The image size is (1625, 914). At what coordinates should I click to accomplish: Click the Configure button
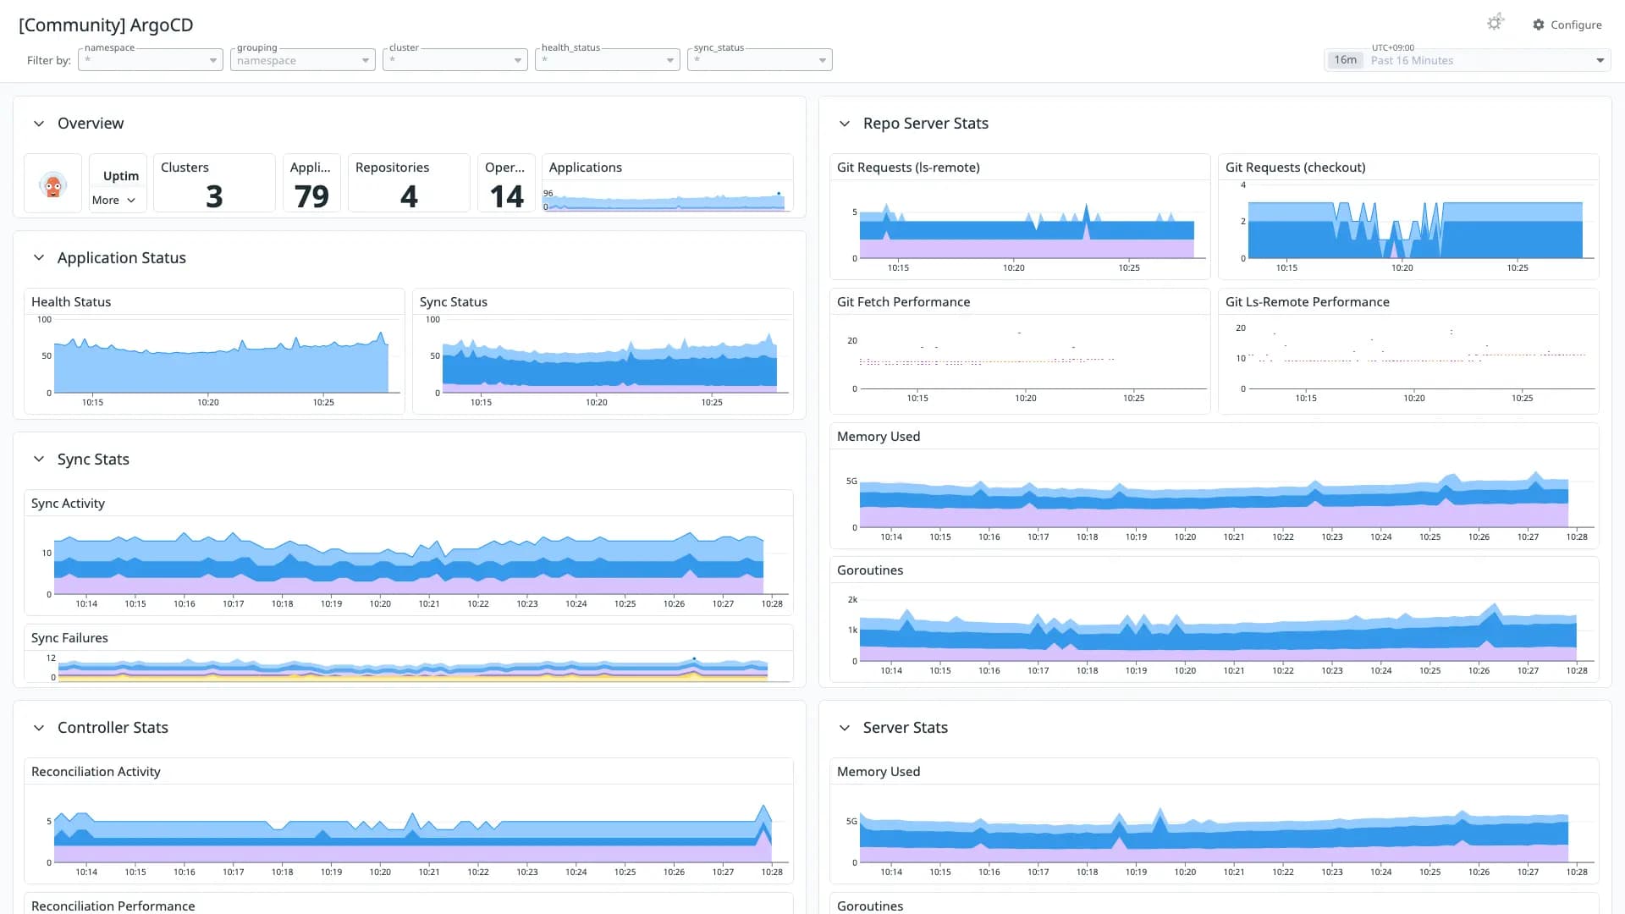1567,25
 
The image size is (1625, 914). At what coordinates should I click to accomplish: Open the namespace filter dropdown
151,60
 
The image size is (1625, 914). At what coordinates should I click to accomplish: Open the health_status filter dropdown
608,60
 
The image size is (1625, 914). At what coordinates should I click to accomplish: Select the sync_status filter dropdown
760,60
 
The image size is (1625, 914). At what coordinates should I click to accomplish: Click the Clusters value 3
214,196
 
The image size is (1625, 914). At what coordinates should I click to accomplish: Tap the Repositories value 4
409,196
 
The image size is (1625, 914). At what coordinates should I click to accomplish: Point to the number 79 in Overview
311,196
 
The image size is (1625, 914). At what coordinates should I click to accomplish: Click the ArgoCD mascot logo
53,184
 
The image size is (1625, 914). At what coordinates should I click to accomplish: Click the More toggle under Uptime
113,201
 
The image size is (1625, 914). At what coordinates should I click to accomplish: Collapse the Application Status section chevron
39,258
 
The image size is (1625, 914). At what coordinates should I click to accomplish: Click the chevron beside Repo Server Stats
845,124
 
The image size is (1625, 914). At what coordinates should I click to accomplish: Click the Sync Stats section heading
93,460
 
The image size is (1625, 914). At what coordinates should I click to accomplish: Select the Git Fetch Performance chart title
903,302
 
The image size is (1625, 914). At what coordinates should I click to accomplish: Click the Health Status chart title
71,302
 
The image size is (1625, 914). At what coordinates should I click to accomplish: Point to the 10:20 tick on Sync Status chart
597,402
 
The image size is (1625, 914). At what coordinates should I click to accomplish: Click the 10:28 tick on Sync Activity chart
772,603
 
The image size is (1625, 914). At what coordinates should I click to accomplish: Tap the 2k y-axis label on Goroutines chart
852,599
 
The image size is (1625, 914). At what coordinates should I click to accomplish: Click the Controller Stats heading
113,728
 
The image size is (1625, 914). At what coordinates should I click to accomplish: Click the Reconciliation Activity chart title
96,772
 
